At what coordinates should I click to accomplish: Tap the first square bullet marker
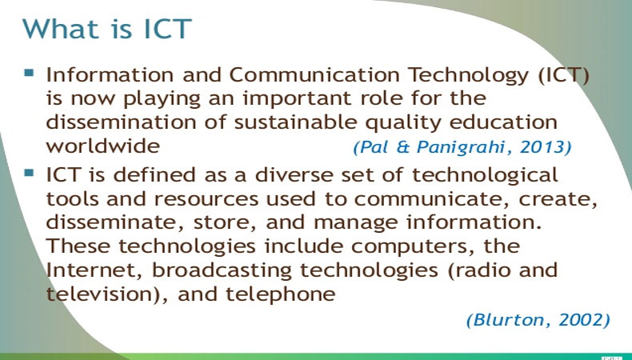[x=30, y=72]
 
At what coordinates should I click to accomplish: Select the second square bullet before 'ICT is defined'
[x=30, y=173]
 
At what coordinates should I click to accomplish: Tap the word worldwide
[x=103, y=146]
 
